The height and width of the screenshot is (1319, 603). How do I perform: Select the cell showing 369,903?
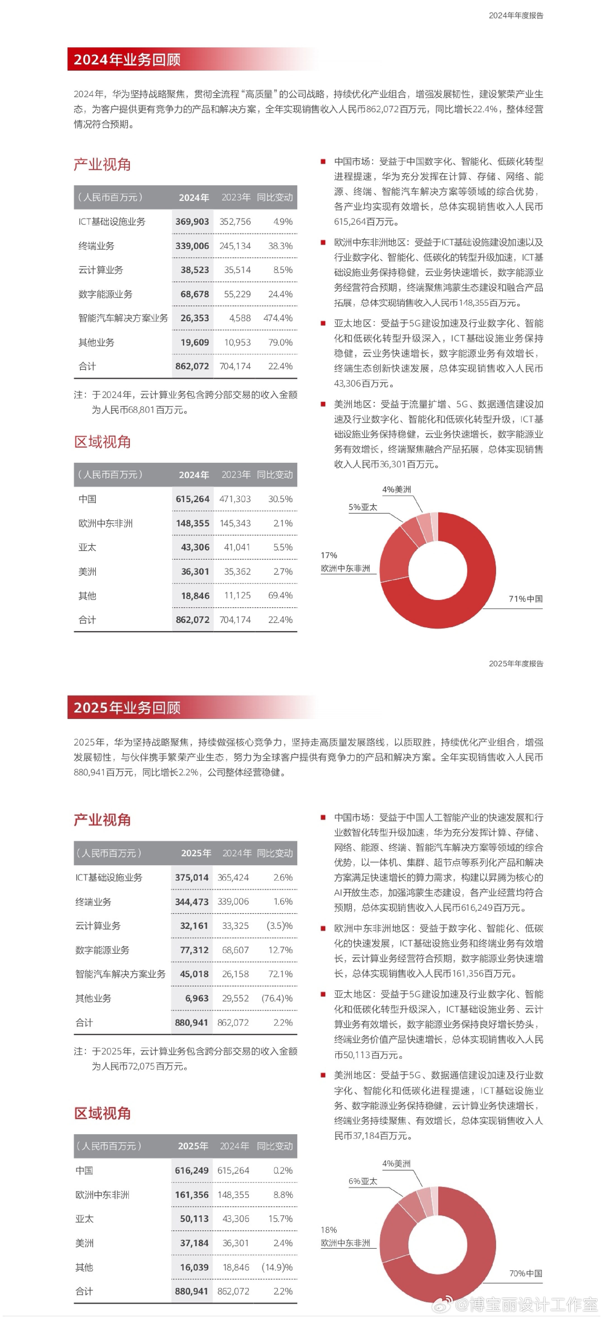192,222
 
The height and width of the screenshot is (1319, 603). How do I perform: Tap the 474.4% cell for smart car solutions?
278,318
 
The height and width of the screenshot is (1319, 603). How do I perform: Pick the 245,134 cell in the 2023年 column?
235,246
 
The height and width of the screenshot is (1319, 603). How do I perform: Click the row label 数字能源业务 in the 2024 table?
106,294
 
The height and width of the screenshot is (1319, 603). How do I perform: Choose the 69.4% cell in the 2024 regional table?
280,596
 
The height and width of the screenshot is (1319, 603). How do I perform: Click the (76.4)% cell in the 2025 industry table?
277,998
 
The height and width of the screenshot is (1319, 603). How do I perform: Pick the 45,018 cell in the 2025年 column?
194,974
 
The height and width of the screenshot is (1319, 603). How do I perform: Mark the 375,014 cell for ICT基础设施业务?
192,877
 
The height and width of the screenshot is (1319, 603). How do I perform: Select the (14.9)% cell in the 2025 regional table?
277,1267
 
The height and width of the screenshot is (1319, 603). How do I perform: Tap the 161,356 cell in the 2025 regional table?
192,1195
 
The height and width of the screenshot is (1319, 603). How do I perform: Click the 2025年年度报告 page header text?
516,664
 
